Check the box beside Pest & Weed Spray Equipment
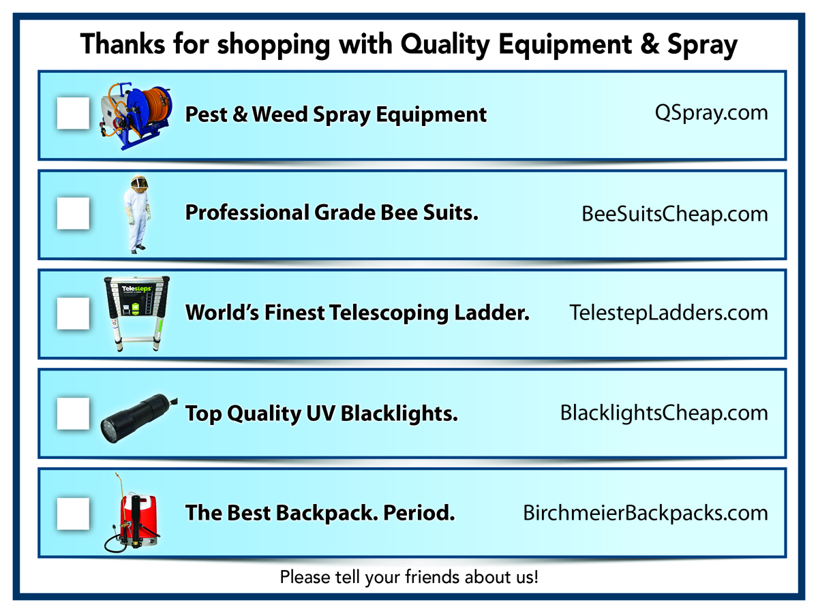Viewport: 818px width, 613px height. click(x=73, y=113)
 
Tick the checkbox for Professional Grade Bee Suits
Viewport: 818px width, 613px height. click(x=73, y=213)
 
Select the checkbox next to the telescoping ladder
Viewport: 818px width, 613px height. click(x=73, y=313)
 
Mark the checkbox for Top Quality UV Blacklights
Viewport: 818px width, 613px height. click(x=73, y=413)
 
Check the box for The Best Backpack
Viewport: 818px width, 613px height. click(x=73, y=513)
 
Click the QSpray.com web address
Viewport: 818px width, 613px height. click(x=711, y=113)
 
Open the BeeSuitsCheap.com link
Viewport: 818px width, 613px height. click(x=674, y=214)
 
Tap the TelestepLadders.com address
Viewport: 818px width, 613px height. click(x=668, y=313)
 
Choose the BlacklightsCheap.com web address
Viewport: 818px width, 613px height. click(x=663, y=413)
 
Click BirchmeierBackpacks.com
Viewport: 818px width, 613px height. click(x=645, y=513)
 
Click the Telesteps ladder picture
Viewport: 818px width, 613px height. click(x=136, y=313)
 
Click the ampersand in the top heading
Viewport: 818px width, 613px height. click(x=648, y=45)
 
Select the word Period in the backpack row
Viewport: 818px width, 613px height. click(x=419, y=513)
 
